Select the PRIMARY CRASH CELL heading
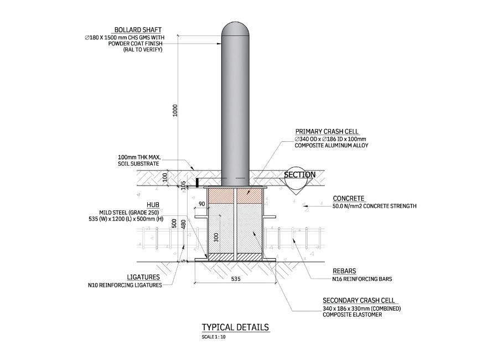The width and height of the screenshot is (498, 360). tap(326, 132)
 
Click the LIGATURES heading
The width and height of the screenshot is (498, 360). tap(143, 277)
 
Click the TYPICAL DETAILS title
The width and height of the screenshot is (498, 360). tap(235, 327)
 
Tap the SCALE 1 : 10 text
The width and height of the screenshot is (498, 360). tap(214, 337)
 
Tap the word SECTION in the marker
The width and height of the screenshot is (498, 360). tap(300, 174)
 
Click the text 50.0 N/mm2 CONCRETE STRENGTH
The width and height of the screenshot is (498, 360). tap(375, 206)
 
